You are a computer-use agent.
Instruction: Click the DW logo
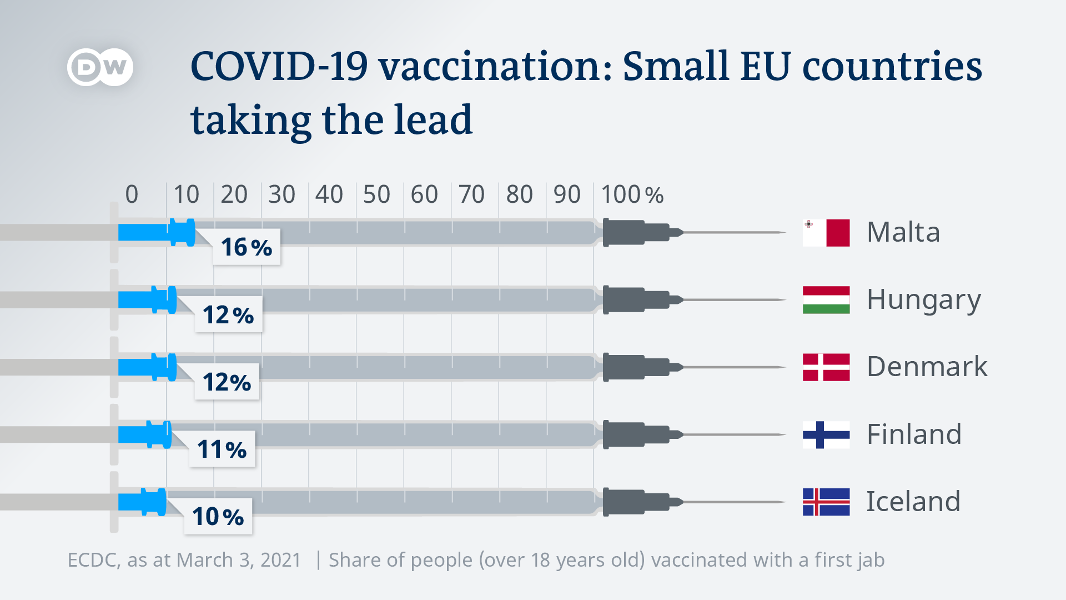(x=100, y=67)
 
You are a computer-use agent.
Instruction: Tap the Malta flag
(x=826, y=233)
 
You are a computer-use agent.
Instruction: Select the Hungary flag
(x=826, y=300)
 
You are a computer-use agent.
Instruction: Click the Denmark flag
(x=826, y=367)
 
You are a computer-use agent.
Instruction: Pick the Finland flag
(x=826, y=434)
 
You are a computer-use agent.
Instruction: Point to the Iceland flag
(x=826, y=502)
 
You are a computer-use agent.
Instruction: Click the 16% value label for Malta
(x=247, y=247)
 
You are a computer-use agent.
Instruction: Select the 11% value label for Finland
(x=222, y=449)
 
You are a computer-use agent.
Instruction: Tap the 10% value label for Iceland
(x=218, y=517)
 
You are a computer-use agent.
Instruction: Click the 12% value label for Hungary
(x=228, y=315)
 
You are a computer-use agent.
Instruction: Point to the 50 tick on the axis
(x=376, y=194)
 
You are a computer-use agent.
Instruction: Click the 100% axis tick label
(x=632, y=194)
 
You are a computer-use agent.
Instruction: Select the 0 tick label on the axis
(x=132, y=194)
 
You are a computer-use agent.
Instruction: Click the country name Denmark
(x=927, y=367)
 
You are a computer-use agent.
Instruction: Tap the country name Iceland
(x=913, y=502)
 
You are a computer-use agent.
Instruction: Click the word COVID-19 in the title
(x=279, y=67)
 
